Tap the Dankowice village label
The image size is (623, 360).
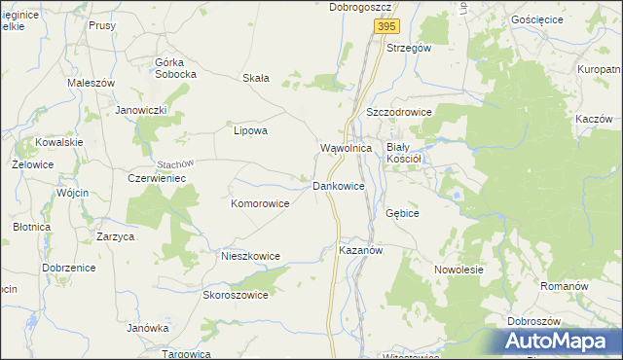point(338,185)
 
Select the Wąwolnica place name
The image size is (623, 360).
point(347,148)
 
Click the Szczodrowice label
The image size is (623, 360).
point(398,112)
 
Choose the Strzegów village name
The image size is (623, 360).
point(409,47)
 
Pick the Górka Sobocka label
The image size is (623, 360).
point(176,68)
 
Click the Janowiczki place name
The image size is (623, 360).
point(142,110)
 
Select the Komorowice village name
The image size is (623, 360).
point(260,204)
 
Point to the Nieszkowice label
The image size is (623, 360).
point(250,256)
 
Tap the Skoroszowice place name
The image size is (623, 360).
point(235,295)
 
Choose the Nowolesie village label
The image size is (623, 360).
point(458,270)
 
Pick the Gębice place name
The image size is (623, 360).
point(402,212)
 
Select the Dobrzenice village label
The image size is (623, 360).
point(66,267)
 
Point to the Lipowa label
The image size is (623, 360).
point(251,129)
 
